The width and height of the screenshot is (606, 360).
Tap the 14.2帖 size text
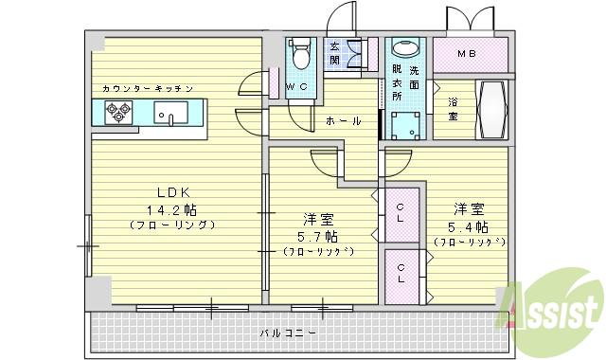pyautogui.click(x=171, y=208)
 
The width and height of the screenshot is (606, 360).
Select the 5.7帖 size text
pyautogui.click(x=317, y=235)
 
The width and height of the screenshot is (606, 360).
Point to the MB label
pyautogui.click(x=468, y=54)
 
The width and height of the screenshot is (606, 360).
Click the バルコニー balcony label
pyautogui.click(x=288, y=333)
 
